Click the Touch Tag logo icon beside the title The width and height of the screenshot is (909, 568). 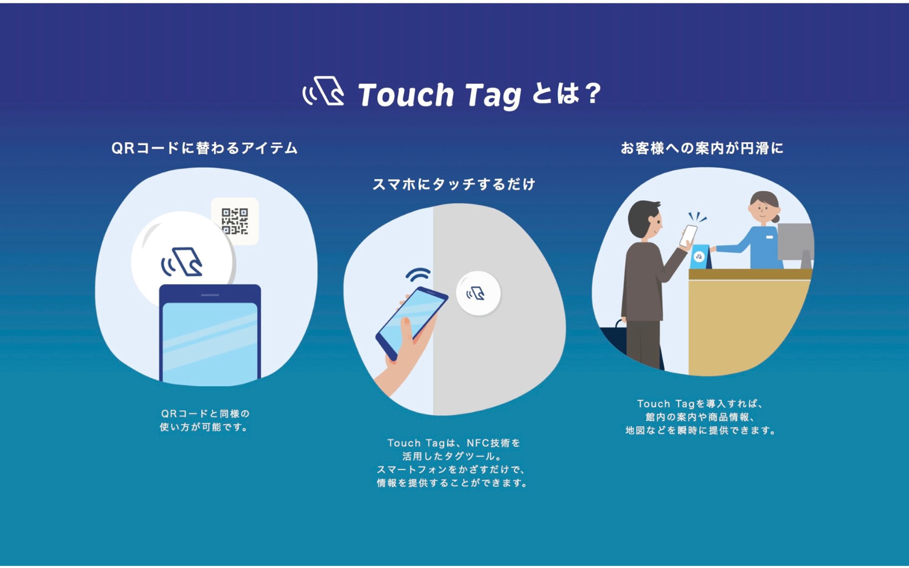point(323,92)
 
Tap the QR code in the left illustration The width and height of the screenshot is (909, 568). point(235,221)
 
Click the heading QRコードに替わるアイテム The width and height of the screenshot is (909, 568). point(204,148)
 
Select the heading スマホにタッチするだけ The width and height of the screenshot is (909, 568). point(454,184)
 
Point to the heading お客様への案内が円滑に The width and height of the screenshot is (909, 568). point(702,148)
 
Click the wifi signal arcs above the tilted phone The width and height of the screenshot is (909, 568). point(418,275)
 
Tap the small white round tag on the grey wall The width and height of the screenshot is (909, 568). point(478,294)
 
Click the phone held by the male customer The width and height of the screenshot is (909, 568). point(688,236)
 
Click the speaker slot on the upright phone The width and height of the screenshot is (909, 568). point(210,295)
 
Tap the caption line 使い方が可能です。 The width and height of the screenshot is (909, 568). point(204,427)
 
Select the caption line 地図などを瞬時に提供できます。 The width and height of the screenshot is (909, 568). point(701,430)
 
